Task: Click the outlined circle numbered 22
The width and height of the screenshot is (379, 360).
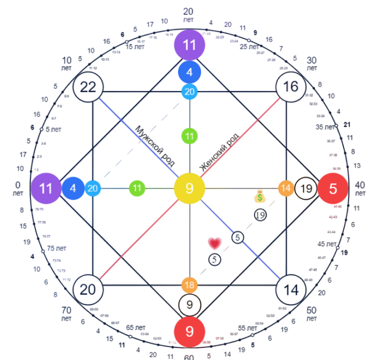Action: point(88,86)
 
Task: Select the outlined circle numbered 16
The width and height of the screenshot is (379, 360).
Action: point(291,86)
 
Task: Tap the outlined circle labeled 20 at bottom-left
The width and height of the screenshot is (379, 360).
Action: point(88,289)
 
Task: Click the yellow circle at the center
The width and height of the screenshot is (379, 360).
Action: point(189,188)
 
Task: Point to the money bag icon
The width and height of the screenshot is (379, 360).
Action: point(260,197)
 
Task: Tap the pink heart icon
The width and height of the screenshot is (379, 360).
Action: point(214,244)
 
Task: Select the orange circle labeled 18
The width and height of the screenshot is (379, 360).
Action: point(189,285)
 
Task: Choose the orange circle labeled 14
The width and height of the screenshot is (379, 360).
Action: point(286,188)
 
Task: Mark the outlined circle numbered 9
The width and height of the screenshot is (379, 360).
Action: point(189,305)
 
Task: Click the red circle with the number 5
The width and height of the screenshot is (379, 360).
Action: point(333,188)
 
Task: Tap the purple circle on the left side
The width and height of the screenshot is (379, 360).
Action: point(46,188)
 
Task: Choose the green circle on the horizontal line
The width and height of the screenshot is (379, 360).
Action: point(138,188)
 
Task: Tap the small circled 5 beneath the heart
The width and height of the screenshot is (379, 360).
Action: point(214,259)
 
